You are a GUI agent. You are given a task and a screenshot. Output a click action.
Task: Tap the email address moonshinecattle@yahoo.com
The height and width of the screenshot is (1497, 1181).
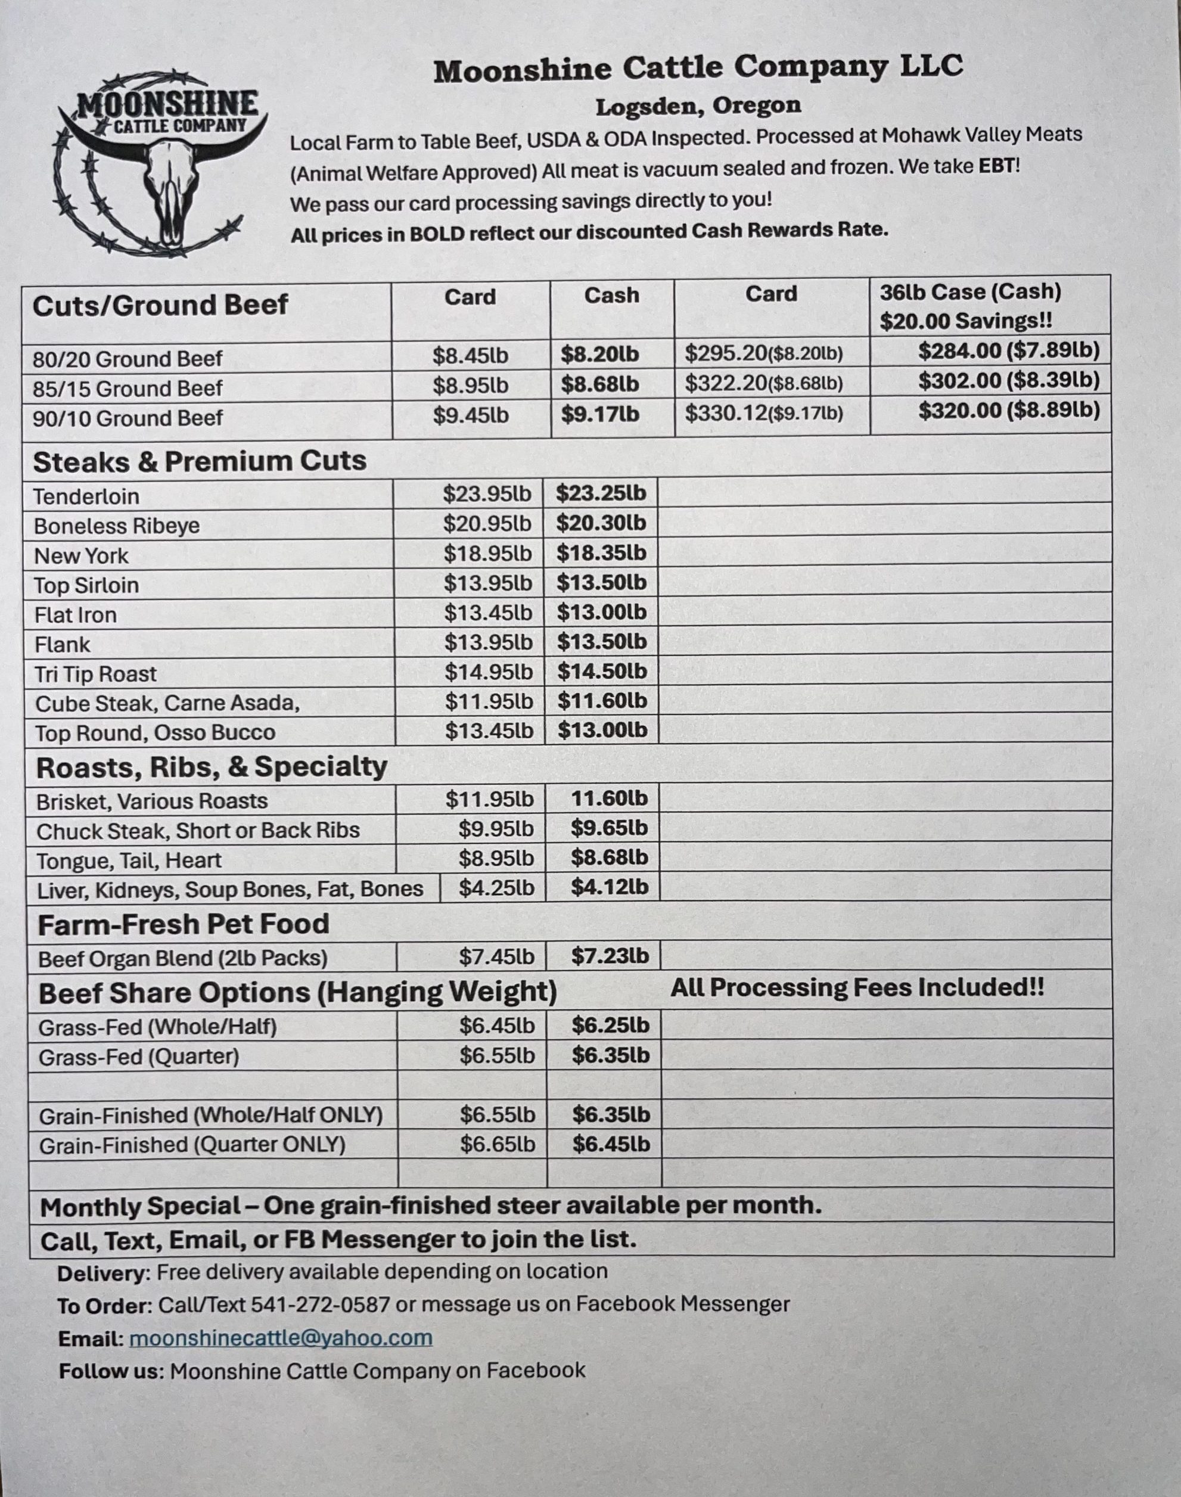[281, 1338]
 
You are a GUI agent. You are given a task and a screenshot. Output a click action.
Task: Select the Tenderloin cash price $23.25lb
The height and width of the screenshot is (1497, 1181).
[601, 493]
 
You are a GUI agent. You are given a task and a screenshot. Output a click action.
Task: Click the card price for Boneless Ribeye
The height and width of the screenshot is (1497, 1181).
[487, 523]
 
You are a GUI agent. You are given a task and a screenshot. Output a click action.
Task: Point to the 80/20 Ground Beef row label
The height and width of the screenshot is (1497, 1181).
[128, 359]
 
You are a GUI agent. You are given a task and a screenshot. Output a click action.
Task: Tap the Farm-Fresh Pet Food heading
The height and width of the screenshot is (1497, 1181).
[184, 924]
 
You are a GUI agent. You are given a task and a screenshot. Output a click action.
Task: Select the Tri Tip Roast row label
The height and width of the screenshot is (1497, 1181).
[95, 673]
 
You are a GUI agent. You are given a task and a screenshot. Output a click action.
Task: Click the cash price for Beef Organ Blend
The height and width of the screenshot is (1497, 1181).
[610, 956]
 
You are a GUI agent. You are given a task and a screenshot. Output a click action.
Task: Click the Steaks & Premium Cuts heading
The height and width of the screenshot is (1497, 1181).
[199, 461]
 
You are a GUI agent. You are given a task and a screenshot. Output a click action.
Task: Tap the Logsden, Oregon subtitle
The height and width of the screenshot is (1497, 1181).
[698, 107]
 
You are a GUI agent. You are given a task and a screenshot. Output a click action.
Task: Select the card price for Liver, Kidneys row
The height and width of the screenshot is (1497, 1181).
[496, 888]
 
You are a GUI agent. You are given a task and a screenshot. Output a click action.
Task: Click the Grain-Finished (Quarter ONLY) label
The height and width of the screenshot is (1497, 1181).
[191, 1145]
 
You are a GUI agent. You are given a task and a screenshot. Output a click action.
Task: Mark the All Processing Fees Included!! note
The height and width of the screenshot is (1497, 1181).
[857, 987]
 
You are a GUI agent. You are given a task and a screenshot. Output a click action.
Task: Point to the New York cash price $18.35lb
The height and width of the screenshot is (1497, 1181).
[601, 553]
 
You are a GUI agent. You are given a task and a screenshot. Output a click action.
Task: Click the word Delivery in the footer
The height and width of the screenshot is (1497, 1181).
[103, 1273]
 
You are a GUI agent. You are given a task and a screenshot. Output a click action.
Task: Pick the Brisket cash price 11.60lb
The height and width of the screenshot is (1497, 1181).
[609, 799]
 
